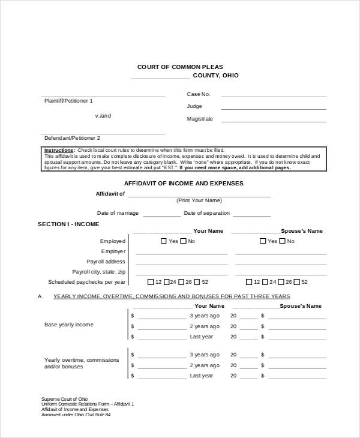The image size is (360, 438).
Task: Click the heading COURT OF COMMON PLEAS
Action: (x=180, y=67)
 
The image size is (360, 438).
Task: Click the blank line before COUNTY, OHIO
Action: (x=160, y=78)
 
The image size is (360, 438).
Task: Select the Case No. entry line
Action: (x=274, y=95)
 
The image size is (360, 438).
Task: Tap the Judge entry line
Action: (x=274, y=108)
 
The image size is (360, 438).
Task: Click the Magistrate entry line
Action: (x=274, y=121)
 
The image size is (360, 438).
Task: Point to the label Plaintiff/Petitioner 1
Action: (x=68, y=101)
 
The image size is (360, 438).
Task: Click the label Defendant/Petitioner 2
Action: (x=72, y=138)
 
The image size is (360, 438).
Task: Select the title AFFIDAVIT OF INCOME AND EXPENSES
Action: (x=184, y=183)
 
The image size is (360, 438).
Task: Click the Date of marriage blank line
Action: (x=161, y=215)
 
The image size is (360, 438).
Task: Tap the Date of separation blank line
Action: (x=251, y=215)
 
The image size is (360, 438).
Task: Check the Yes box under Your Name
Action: (x=164, y=241)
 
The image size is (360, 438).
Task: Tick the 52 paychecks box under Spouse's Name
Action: (x=296, y=282)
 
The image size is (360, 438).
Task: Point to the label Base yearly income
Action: (x=69, y=325)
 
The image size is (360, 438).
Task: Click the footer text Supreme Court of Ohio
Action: (x=64, y=399)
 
